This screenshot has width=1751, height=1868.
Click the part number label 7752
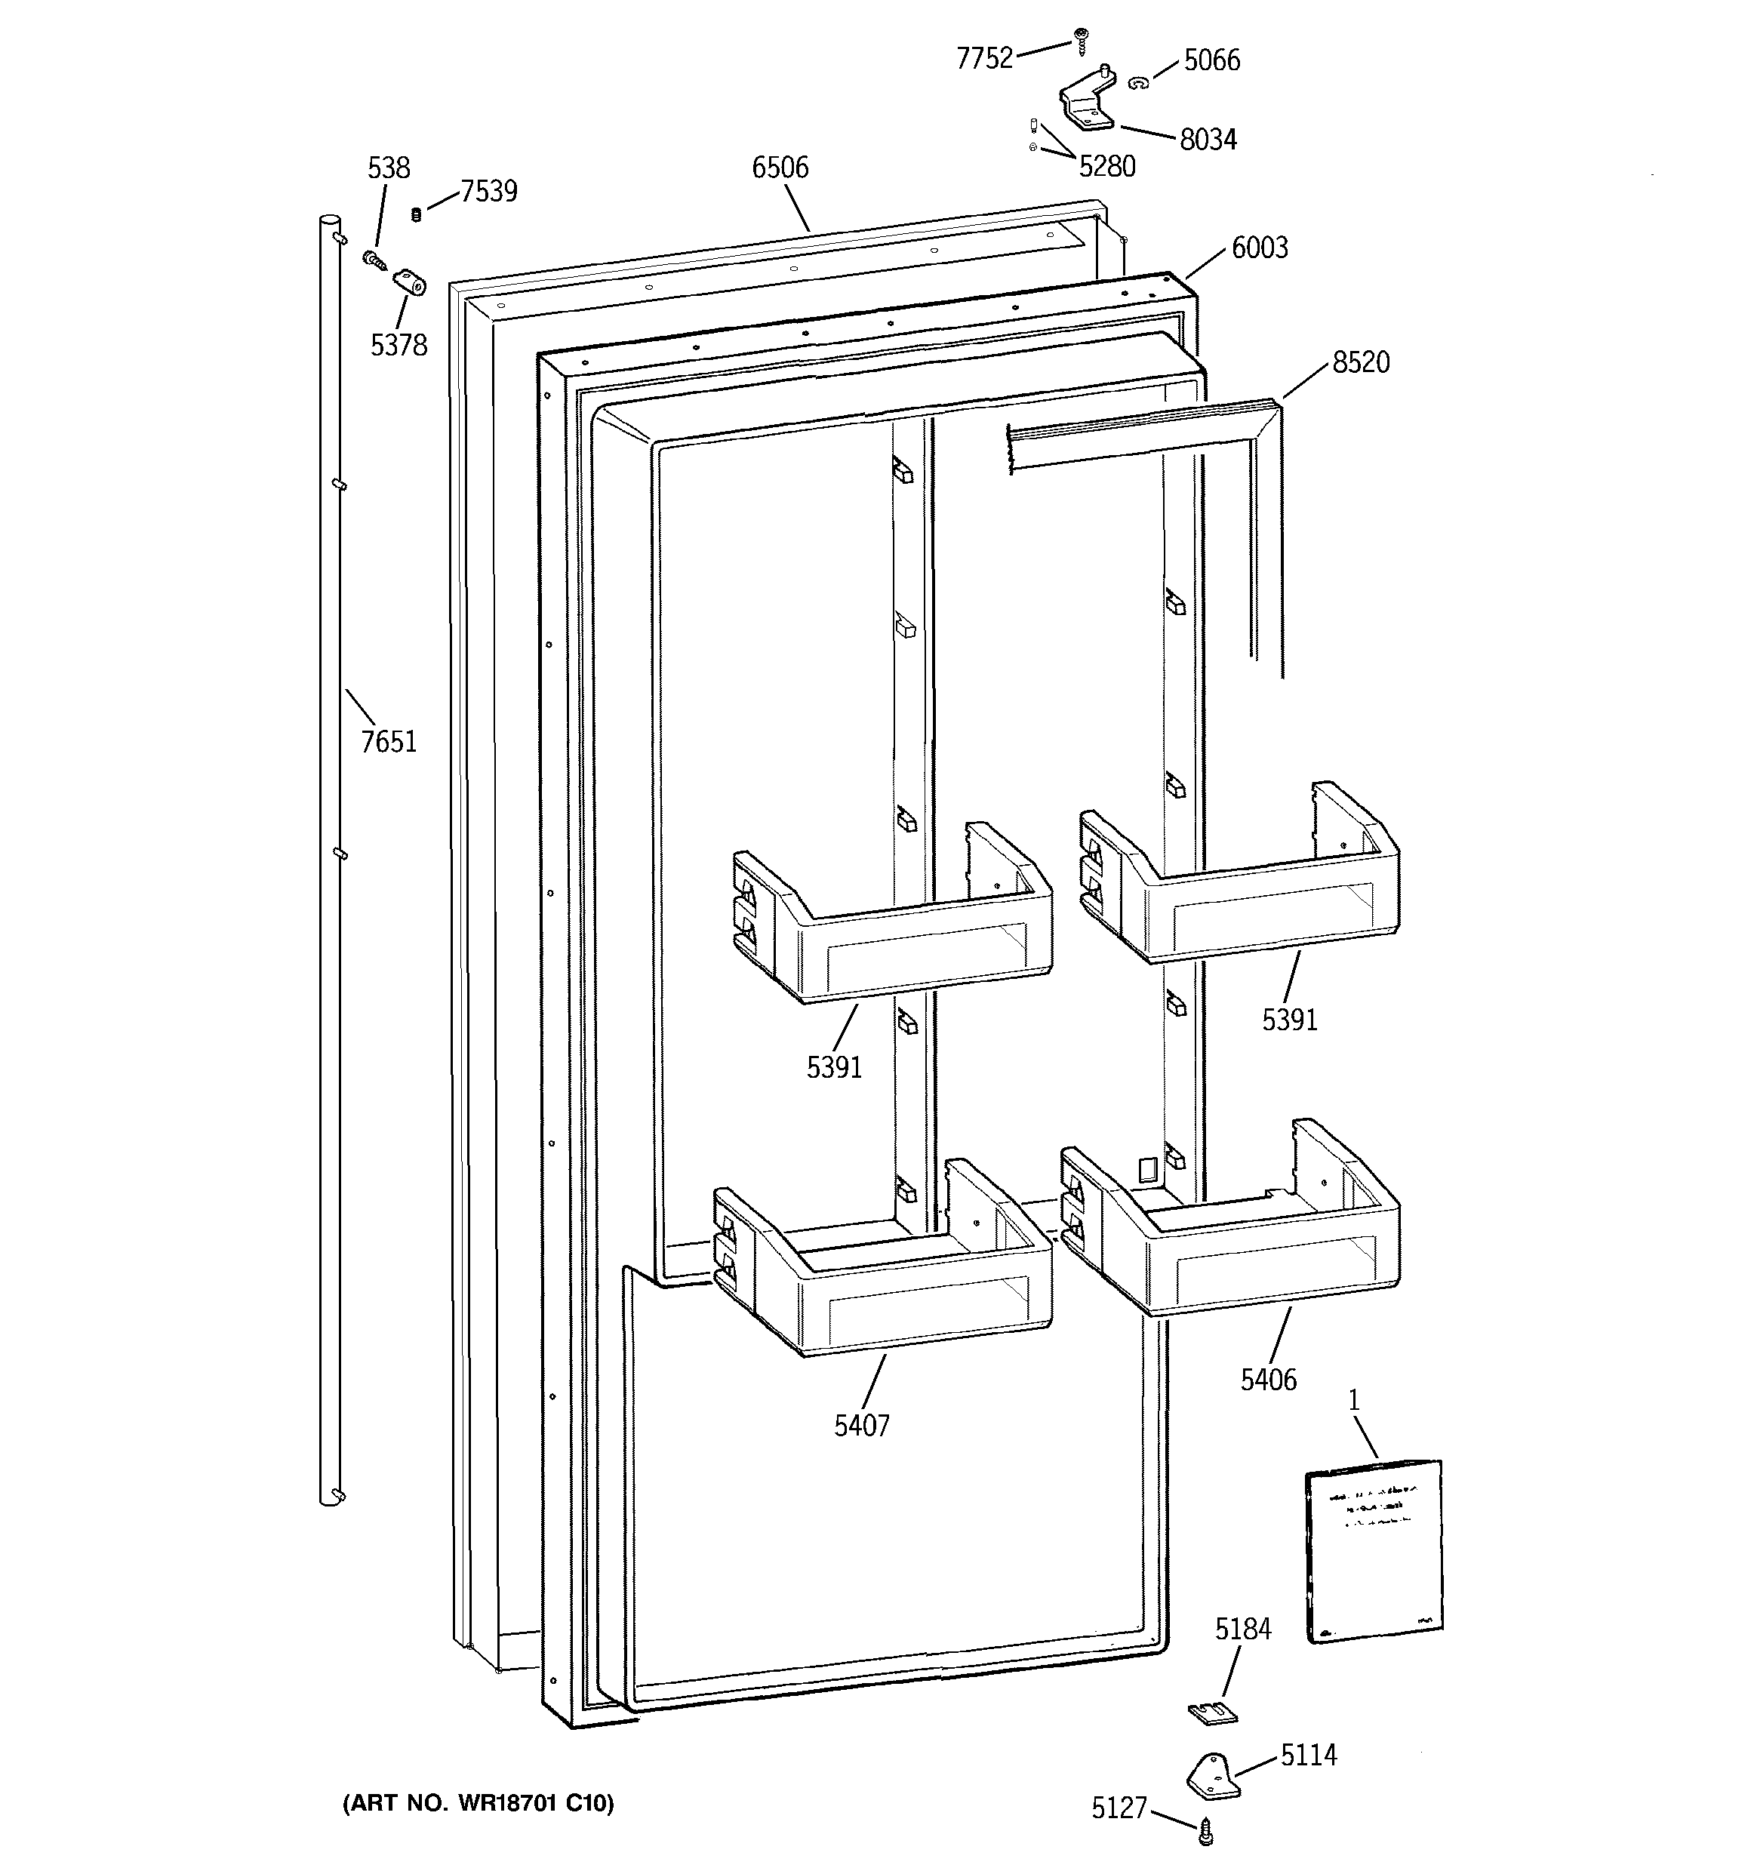[x=984, y=58]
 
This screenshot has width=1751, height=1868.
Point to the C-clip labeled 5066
[x=1138, y=84]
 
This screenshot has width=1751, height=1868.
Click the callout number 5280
[x=1107, y=166]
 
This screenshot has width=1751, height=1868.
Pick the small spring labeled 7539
[x=417, y=214]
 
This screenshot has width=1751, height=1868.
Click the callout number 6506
[x=780, y=168]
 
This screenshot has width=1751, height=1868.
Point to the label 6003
[x=1260, y=248]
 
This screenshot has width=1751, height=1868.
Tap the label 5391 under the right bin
[x=1290, y=1020]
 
